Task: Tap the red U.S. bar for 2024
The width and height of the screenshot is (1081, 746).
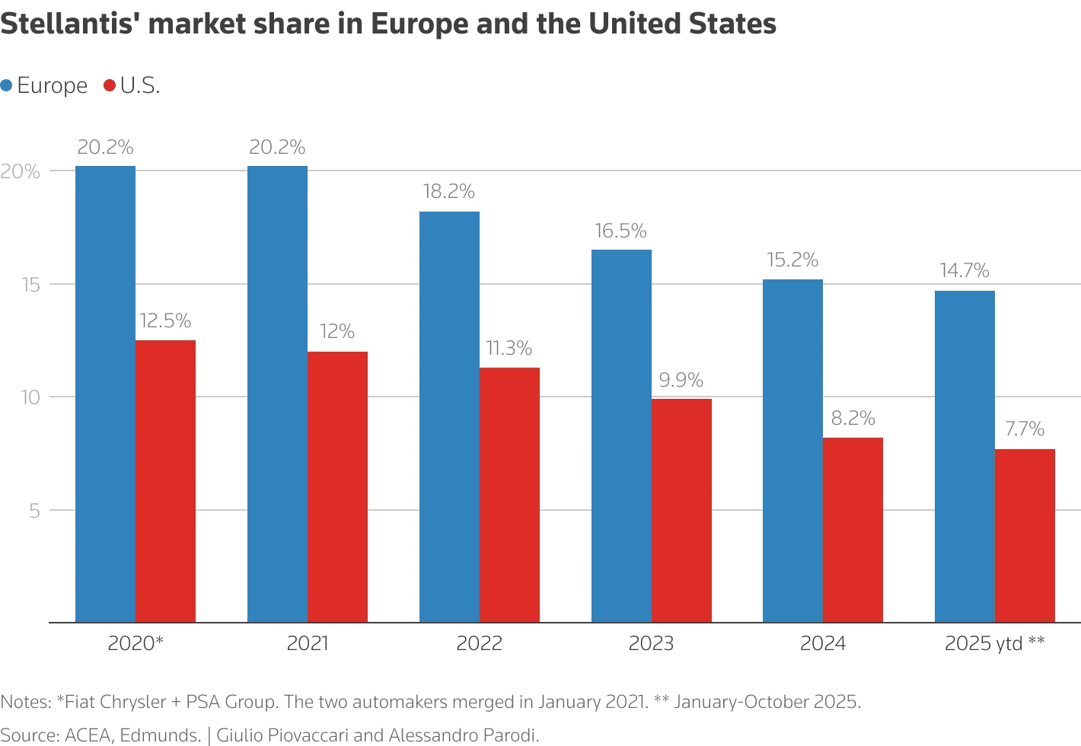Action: tap(853, 530)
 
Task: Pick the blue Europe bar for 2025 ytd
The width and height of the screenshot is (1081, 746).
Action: tap(965, 457)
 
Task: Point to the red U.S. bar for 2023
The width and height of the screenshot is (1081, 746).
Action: tap(681, 510)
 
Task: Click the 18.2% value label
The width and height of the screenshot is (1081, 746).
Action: tap(449, 191)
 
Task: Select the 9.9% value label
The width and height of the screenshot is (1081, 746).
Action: tap(681, 380)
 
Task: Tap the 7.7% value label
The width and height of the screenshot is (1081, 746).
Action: tap(1025, 429)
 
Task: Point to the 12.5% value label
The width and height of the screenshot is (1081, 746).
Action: tap(165, 320)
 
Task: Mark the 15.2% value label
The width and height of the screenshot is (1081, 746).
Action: tap(792, 260)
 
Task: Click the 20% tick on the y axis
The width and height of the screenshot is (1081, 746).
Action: tap(21, 171)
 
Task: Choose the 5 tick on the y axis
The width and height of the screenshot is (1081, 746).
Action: tap(34, 511)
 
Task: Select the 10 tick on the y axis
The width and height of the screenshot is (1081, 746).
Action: tap(30, 397)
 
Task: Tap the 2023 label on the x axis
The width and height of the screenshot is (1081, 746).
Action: tap(651, 644)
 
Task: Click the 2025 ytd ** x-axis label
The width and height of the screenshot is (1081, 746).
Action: tap(994, 644)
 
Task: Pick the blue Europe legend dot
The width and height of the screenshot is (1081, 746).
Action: tap(7, 86)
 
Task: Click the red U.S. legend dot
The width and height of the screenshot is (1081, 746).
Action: tap(110, 86)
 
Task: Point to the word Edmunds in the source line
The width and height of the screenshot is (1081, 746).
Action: tap(160, 735)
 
